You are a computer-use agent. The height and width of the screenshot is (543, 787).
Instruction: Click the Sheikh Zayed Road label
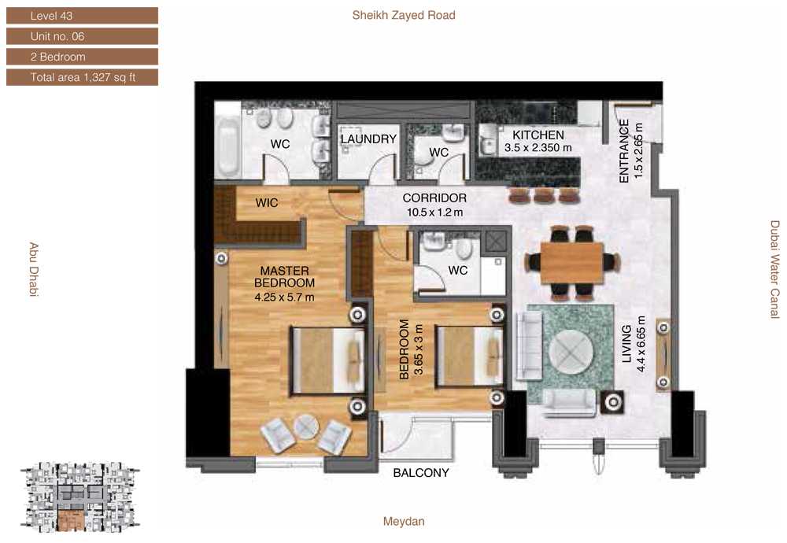[404, 15]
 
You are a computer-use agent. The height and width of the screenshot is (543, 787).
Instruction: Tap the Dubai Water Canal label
[775, 269]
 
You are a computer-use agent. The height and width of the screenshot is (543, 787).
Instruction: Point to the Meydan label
[404, 522]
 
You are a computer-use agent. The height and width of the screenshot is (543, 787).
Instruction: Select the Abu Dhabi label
[34, 269]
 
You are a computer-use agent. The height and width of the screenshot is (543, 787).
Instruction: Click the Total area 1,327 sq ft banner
[83, 77]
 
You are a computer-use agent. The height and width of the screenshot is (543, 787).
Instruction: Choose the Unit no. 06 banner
[83, 36]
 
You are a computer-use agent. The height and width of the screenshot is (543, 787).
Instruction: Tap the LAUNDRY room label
[368, 139]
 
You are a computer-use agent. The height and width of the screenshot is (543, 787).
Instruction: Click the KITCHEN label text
[538, 135]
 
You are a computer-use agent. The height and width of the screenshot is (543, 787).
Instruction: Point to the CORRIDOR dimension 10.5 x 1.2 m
[434, 212]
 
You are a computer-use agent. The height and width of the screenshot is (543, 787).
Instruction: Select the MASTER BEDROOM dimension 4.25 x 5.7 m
[284, 297]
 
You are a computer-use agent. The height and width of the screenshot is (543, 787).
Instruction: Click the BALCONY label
[420, 473]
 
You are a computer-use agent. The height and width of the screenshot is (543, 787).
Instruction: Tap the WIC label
[267, 203]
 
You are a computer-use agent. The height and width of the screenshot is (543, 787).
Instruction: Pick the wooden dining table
[571, 263]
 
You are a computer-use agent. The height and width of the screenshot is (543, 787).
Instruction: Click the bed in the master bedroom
[327, 360]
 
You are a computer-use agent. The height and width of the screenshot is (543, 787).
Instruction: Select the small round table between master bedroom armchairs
[306, 427]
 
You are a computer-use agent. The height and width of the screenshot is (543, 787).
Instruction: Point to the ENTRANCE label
[624, 151]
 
